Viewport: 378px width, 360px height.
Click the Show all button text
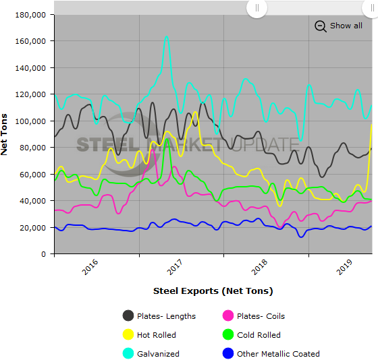tap(346, 26)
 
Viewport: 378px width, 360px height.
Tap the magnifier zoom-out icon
tap(321, 26)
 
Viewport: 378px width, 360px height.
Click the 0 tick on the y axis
tap(43, 254)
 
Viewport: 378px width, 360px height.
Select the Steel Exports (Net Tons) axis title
tap(213, 291)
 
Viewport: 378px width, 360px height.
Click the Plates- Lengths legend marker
tap(128, 316)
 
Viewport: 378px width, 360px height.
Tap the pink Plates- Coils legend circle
tap(228, 316)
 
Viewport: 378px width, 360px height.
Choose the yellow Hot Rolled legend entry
tap(128, 334)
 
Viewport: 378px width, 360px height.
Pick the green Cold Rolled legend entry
tap(228, 334)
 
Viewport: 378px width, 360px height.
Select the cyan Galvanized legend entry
tap(128, 353)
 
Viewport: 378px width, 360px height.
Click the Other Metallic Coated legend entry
tap(228, 353)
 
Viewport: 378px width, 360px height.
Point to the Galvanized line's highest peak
tap(166, 37)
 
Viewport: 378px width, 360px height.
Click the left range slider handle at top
tap(256, 8)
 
